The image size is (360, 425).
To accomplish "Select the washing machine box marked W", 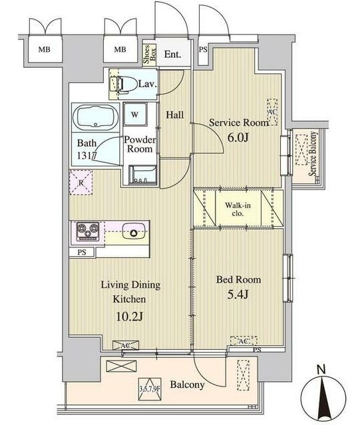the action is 135,114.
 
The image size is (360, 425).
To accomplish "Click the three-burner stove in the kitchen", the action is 88,231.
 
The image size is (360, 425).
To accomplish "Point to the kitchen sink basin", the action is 133,231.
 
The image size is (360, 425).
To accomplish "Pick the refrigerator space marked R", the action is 81,182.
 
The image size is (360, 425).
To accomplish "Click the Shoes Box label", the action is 149,55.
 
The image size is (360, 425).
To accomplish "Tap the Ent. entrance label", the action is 172,55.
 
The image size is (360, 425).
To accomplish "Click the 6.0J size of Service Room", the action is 238,138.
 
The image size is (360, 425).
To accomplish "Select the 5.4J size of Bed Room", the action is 238,295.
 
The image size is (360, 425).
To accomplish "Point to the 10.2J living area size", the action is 129,317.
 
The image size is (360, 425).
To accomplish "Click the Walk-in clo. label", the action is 238,209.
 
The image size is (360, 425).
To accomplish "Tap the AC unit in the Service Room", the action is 272,112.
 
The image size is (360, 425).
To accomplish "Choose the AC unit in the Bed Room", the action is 244,341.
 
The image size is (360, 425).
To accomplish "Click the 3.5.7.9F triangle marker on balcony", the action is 150,389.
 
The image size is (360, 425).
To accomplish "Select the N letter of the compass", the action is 321,370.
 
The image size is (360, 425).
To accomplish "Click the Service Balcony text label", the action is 313,154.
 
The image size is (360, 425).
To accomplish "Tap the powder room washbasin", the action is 143,175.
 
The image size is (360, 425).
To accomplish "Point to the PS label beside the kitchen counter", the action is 82,252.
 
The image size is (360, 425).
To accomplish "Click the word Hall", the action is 175,115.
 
